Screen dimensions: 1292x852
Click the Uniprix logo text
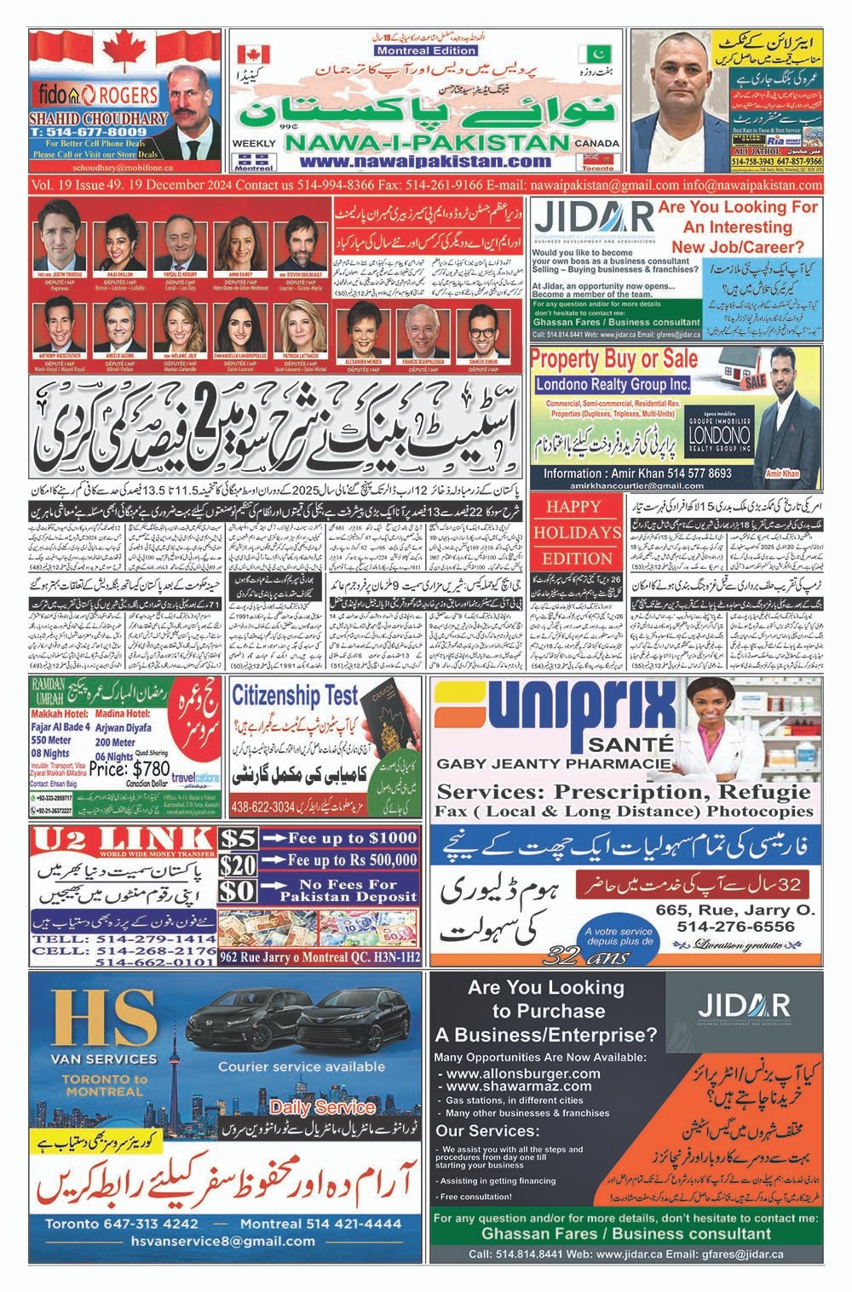[554, 707]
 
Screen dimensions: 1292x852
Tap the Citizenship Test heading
[296, 695]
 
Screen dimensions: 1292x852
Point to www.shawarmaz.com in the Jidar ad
[518, 1086]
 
